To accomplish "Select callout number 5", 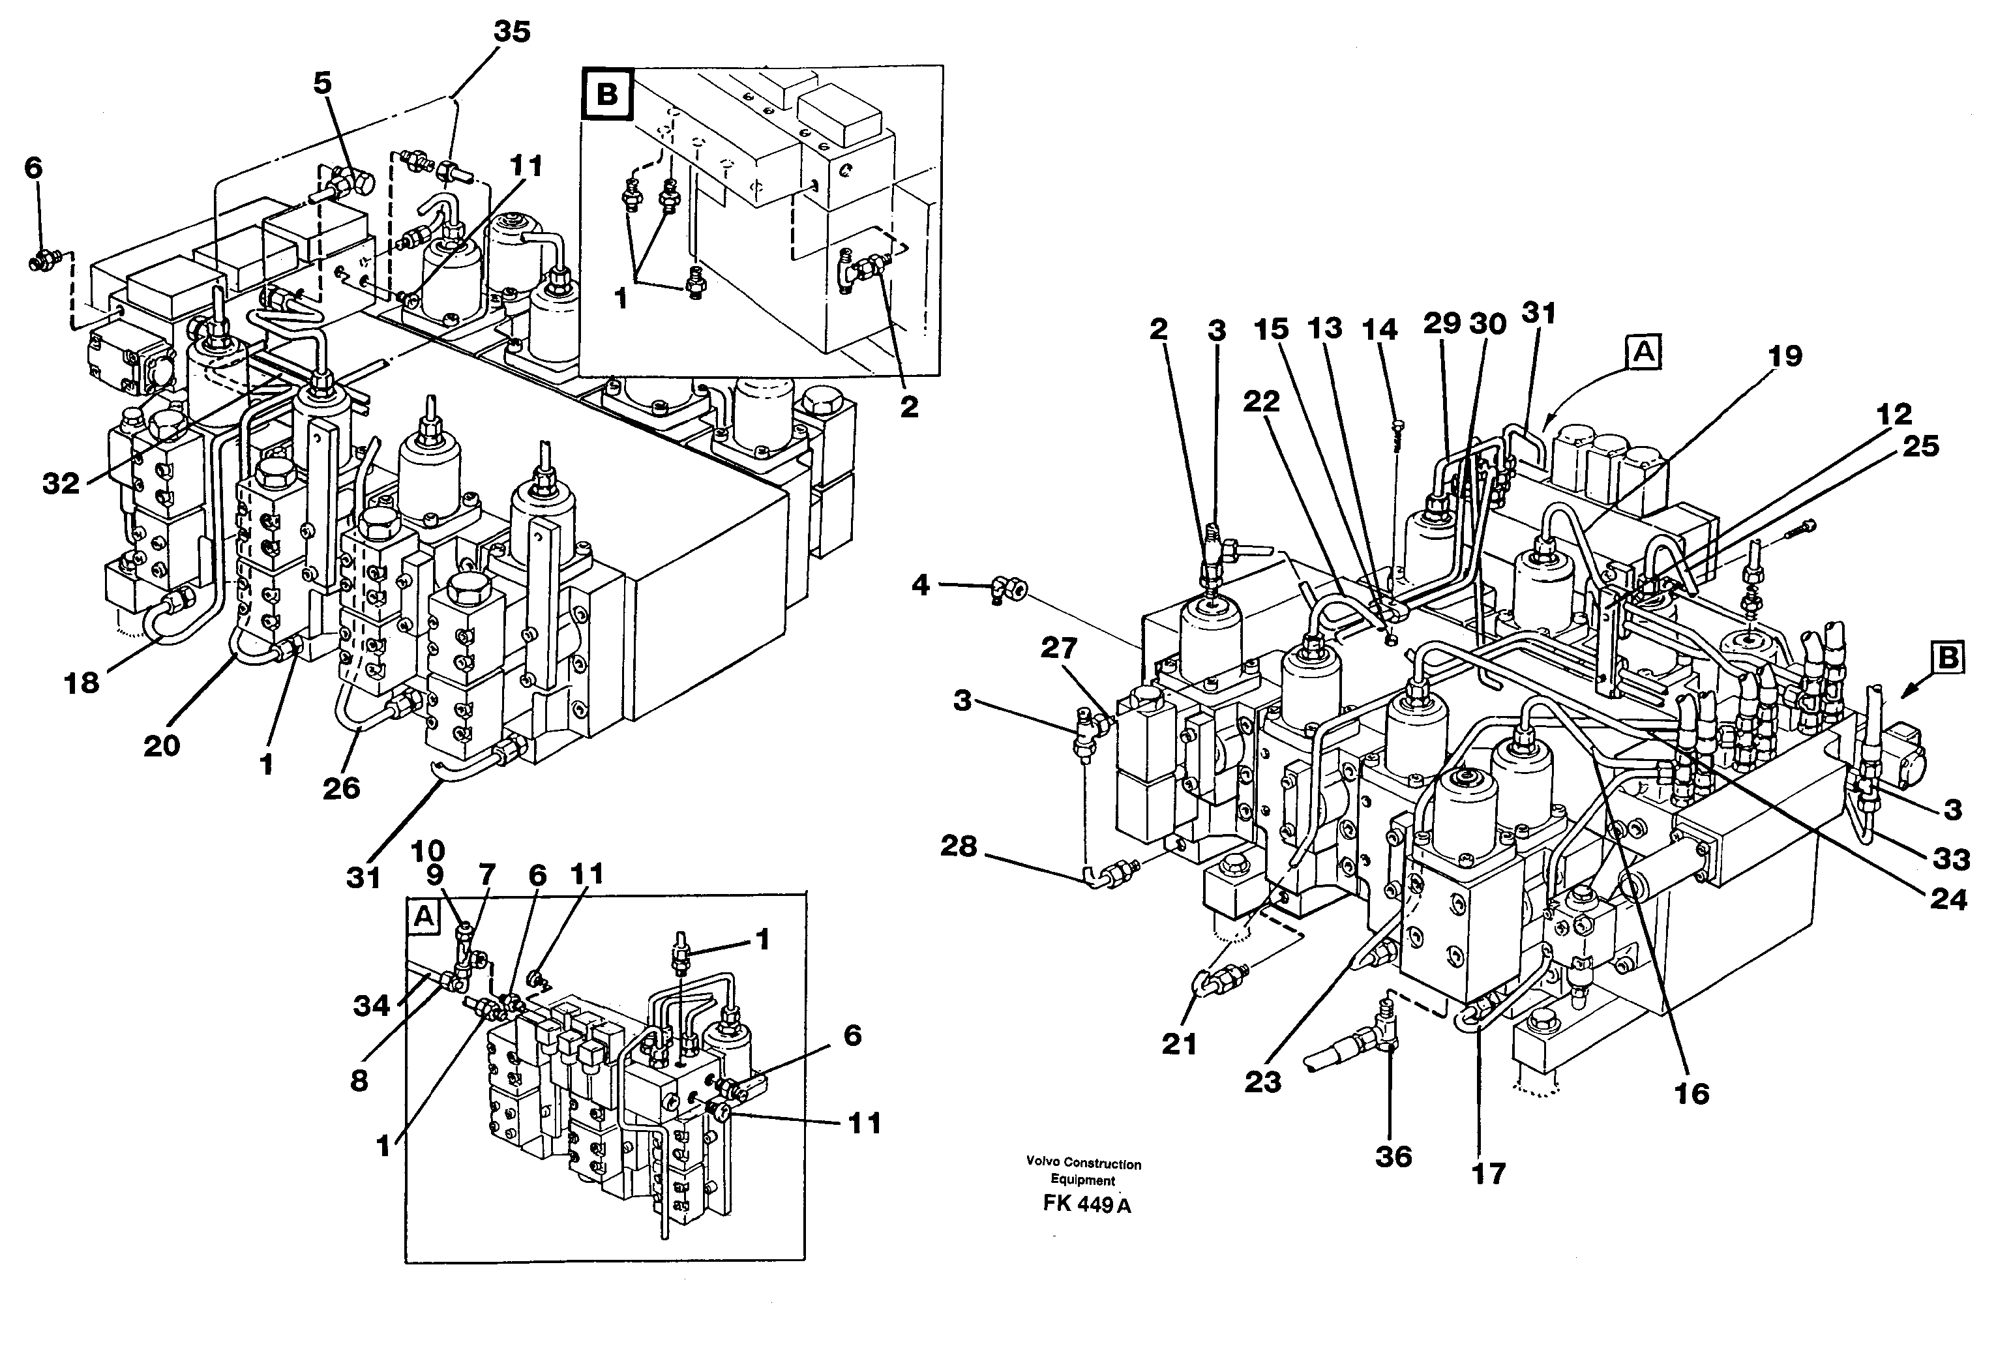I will pos(322,84).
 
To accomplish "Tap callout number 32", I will pos(61,484).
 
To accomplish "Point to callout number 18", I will pos(82,683).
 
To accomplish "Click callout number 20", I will pos(162,745).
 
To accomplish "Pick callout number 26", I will pos(341,788).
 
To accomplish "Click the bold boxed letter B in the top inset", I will pos(607,94).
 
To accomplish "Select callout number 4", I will pos(920,586).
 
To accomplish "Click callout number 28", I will pos(959,847).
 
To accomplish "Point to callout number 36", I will pos(1393,1156).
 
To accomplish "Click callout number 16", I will pos(1691,1094).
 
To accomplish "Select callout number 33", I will pos(1950,859).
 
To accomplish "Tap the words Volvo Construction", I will pos(1083,1164).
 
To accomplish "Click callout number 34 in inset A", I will pos(371,1005).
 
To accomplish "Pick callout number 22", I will pos(1261,402).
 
